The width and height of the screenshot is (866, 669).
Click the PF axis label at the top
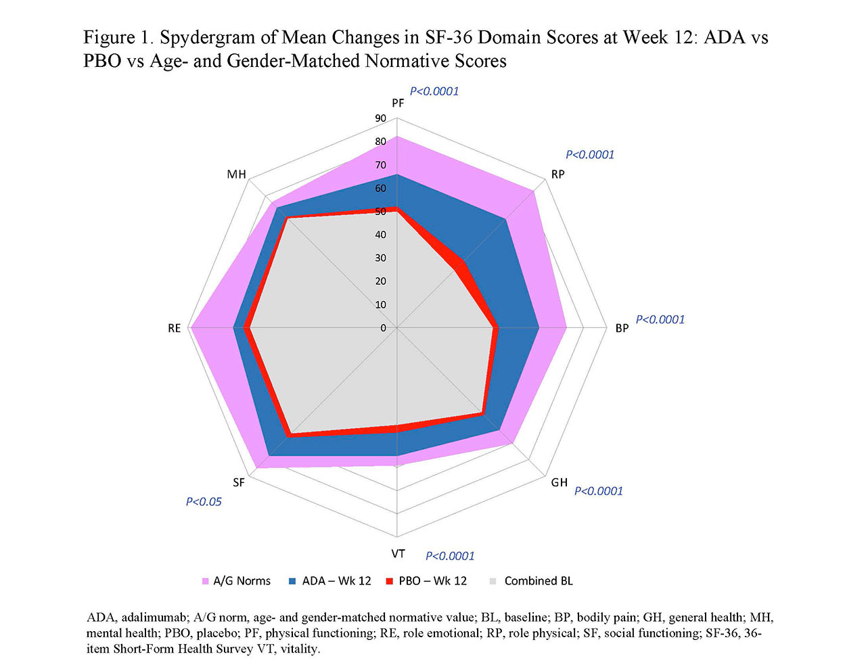click(398, 103)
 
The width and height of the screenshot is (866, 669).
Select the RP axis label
click(557, 175)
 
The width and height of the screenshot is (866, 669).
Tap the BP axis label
click(622, 329)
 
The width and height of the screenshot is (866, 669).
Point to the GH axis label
click(559, 483)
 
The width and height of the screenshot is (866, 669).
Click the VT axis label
click(398, 554)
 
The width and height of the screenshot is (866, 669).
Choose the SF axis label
click(239, 483)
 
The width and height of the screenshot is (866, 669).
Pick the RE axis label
click(175, 329)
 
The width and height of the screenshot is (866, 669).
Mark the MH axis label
click(237, 175)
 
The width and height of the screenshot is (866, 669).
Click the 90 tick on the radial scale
click(380, 119)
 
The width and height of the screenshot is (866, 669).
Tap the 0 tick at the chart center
click(383, 328)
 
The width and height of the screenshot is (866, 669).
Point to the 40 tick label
click(380, 235)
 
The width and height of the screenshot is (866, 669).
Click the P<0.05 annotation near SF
click(204, 502)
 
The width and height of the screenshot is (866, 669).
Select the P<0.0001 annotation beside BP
click(660, 320)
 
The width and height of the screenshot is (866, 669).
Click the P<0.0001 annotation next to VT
click(450, 556)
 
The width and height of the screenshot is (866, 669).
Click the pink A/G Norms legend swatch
click(206, 582)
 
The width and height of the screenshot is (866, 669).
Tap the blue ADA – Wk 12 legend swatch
click(292, 582)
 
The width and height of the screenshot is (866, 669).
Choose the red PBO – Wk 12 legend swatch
click(389, 582)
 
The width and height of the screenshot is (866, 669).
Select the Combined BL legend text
click(539, 581)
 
